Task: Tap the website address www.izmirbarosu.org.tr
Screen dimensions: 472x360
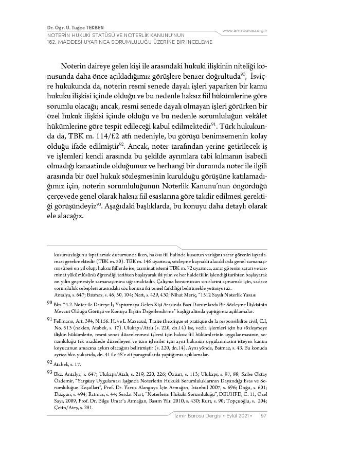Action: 245,30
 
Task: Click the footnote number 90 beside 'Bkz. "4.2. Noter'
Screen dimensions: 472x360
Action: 50,304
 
